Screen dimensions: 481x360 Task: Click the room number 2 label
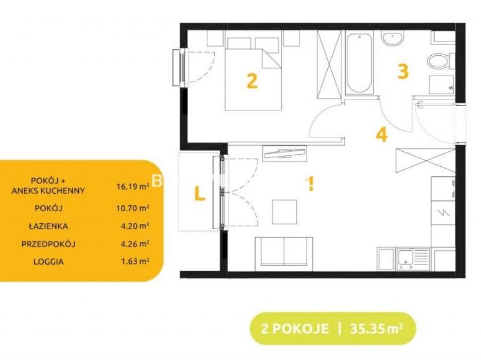coord(252,81)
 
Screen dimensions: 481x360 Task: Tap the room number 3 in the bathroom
coord(403,71)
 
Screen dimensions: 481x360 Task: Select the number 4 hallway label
coord(382,134)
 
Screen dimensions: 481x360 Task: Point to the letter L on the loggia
coord(200,193)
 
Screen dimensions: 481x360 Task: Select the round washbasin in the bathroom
coord(393,38)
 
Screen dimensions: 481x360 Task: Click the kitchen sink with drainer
coord(413,259)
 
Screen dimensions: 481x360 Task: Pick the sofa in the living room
coord(284,254)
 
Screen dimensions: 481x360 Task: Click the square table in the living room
coord(284,212)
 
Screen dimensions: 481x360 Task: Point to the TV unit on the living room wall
coord(284,153)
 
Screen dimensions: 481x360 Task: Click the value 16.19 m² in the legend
coord(133,186)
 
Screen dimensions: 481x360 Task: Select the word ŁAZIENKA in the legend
coord(49,226)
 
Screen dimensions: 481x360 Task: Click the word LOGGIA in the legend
coord(49,262)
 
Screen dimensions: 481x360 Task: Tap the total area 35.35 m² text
coord(376,328)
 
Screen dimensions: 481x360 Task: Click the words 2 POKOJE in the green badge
coord(295,329)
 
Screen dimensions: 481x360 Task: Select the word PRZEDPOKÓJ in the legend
coord(49,244)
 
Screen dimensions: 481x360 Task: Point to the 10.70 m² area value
coord(133,208)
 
